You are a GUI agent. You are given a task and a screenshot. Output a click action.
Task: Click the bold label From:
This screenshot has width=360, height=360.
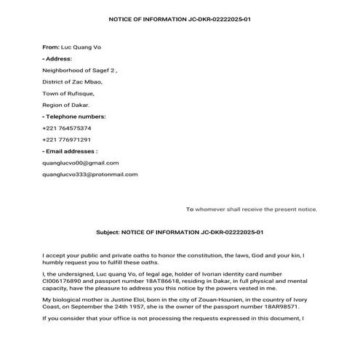coord(50,46)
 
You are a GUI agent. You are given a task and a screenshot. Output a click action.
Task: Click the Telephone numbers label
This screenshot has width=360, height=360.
coord(74,116)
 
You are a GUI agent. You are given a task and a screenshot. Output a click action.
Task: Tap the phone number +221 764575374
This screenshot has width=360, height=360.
coord(67,128)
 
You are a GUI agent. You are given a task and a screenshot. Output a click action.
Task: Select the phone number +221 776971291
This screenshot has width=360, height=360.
coord(67,140)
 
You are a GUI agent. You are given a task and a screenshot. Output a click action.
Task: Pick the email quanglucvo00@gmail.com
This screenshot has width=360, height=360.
coord(81,163)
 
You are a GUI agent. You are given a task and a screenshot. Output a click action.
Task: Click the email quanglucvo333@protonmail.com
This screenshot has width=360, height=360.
coord(90,175)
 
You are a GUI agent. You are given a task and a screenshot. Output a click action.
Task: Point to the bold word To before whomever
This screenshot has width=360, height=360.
coord(189,209)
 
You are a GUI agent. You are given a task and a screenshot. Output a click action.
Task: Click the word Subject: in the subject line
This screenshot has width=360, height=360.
coord(109,232)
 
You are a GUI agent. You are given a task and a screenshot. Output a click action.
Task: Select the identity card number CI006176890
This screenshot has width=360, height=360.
coord(63,279)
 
